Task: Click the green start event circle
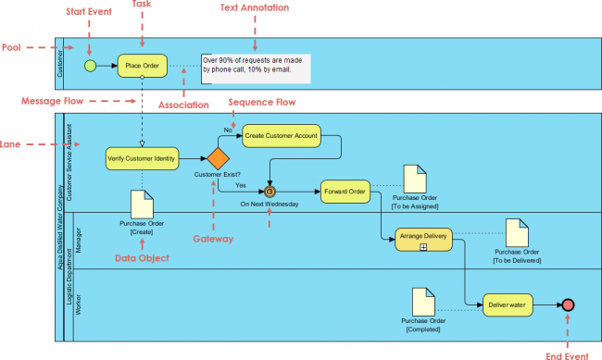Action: (x=90, y=66)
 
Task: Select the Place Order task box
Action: (x=142, y=66)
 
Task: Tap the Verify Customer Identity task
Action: (x=142, y=158)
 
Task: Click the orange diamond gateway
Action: (x=218, y=158)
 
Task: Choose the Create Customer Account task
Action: (x=281, y=136)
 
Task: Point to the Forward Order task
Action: (x=345, y=192)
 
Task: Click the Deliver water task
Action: (x=508, y=304)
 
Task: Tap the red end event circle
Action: (x=567, y=304)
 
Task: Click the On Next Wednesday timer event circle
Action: (x=270, y=192)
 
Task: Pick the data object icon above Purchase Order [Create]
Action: (x=142, y=204)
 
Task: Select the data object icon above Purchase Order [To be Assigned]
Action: (x=414, y=179)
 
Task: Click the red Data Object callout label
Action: (x=143, y=258)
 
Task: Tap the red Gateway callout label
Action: (x=214, y=239)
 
